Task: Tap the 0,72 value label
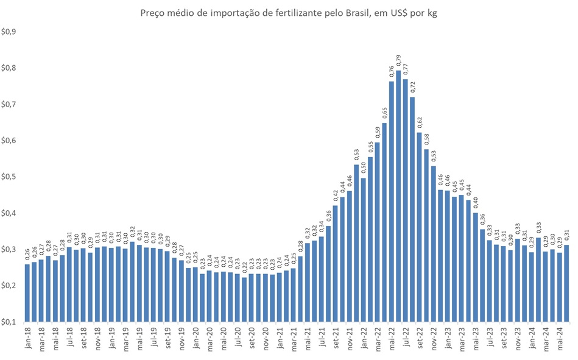(x=412, y=88)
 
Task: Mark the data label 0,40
(x=476, y=203)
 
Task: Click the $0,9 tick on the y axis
(x=9, y=32)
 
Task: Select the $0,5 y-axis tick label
(x=9, y=177)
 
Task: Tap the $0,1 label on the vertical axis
(x=9, y=322)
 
